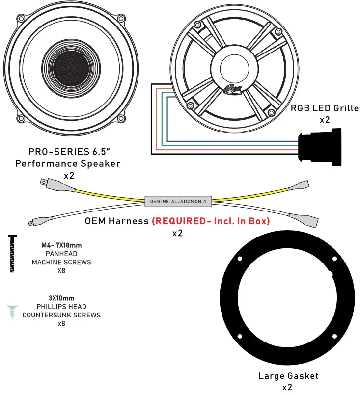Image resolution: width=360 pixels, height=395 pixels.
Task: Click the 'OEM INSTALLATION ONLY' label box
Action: pyautogui.click(x=179, y=201)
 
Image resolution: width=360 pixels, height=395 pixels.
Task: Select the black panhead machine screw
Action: pyautogui.click(x=12, y=253)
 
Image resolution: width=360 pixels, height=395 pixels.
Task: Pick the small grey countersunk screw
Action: pyautogui.click(x=12, y=311)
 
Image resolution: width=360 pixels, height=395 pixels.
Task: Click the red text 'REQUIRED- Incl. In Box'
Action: pyautogui.click(x=211, y=221)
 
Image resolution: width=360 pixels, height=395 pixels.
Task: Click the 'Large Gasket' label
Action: pyautogui.click(x=288, y=376)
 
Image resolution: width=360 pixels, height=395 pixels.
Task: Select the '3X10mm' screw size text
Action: pyautogui.click(x=61, y=298)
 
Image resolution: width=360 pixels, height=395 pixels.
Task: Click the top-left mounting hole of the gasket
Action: pyautogui.click(x=240, y=259)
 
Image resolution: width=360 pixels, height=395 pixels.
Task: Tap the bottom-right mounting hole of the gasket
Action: pyautogui.click(x=334, y=336)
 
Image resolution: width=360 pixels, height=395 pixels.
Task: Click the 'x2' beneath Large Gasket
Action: pyautogui.click(x=288, y=387)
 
